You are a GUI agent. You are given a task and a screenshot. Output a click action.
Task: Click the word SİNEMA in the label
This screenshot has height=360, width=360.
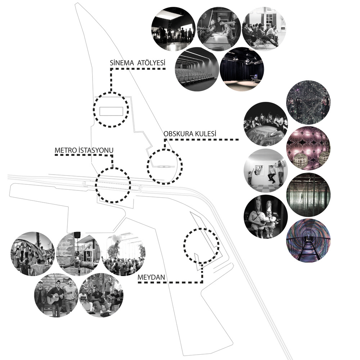pyautogui.click(x=121, y=63)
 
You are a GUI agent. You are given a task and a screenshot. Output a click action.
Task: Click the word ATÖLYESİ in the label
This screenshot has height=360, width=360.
pyautogui.click(x=152, y=63)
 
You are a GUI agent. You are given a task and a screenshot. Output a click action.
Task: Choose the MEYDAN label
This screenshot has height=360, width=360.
pyautogui.click(x=151, y=277)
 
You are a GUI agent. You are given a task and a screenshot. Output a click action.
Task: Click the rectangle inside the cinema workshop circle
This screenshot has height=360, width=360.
pyautogui.click(x=111, y=111)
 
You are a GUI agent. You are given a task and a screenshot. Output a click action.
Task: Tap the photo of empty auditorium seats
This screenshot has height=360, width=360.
pyautogui.click(x=197, y=69)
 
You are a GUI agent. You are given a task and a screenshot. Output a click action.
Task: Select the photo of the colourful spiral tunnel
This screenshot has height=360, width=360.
pyautogui.click(x=308, y=240)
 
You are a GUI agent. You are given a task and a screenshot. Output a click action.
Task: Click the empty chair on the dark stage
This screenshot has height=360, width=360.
pyautogui.click(x=256, y=78)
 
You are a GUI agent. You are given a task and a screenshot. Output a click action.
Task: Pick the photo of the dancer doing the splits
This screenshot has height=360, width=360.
pyautogui.click(x=78, y=254)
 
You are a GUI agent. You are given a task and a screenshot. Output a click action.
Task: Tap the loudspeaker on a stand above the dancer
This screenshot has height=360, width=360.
pyautogui.click(x=77, y=235)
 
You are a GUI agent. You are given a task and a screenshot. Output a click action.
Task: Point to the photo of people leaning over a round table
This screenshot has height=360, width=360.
pyautogui.click(x=266, y=124)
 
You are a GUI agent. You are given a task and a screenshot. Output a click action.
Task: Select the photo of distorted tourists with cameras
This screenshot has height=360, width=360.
pyautogui.click(x=266, y=216)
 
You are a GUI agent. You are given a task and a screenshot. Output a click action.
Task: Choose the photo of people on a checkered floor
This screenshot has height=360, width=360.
pyautogui.click(x=266, y=171)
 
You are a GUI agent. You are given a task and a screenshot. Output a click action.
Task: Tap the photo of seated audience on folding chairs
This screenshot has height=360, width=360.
pyautogui.click(x=264, y=29)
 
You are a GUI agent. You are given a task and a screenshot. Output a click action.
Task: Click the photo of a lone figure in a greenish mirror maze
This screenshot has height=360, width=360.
pyautogui.click(x=308, y=195)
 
